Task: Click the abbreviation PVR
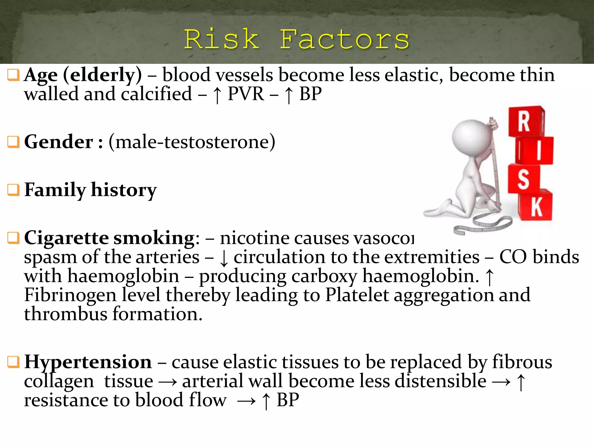(x=246, y=94)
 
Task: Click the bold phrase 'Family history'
(x=90, y=190)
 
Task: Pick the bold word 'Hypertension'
(x=88, y=362)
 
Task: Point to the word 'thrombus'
(x=66, y=314)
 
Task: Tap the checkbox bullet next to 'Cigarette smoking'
(x=13, y=238)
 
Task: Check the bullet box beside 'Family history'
(x=13, y=190)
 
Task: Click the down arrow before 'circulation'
(x=224, y=258)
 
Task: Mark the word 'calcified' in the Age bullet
(x=156, y=94)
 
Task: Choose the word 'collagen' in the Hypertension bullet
(x=59, y=382)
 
